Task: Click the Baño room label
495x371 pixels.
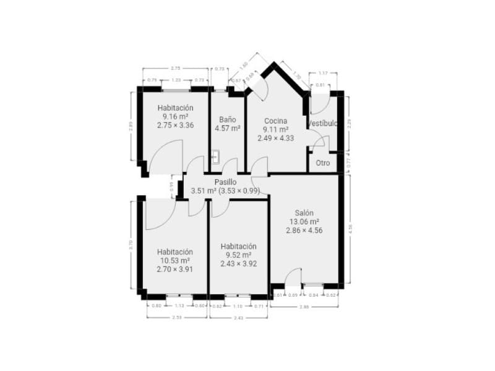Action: pyautogui.click(x=227, y=119)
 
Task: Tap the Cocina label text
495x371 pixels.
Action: pyautogui.click(x=276, y=121)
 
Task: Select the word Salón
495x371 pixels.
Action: pyautogui.click(x=304, y=213)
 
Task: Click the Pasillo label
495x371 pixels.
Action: pyautogui.click(x=225, y=182)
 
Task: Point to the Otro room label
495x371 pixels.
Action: pyautogui.click(x=322, y=163)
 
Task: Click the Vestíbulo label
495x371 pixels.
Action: pyautogui.click(x=323, y=124)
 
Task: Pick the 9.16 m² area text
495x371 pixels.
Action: pyautogui.click(x=175, y=116)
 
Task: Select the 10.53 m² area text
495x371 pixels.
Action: pyautogui.click(x=175, y=260)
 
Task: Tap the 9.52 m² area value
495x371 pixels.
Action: pyautogui.click(x=238, y=255)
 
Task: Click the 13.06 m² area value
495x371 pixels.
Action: pyautogui.click(x=304, y=221)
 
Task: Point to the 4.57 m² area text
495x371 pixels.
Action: pyautogui.click(x=227, y=129)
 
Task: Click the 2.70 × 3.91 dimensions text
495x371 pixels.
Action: pyautogui.click(x=175, y=269)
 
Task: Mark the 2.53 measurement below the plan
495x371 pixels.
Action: pyautogui.click(x=176, y=317)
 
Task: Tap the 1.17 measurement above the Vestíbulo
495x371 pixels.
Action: pyautogui.click(x=323, y=74)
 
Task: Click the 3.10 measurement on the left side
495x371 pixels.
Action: pyautogui.click(x=131, y=244)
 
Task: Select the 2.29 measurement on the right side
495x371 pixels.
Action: pyautogui.click(x=349, y=124)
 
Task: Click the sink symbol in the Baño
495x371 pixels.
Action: pyautogui.click(x=215, y=157)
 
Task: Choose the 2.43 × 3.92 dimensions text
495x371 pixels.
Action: pyautogui.click(x=238, y=263)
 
